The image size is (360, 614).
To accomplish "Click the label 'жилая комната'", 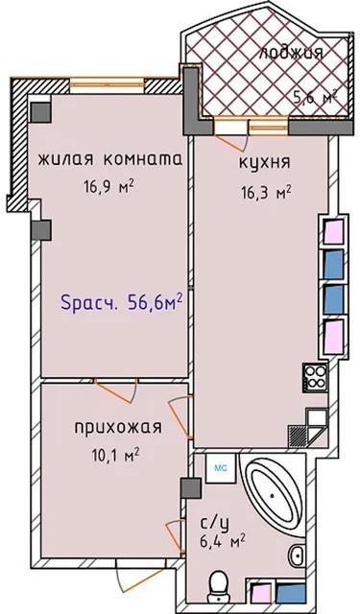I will (108, 160).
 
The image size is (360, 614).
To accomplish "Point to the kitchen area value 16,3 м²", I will (264, 192).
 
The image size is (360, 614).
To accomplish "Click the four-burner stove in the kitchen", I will (315, 377).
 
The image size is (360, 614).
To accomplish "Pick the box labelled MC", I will (220, 469).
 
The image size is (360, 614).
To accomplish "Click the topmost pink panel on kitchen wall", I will (331, 230).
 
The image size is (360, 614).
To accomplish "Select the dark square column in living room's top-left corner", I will (39, 111).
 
